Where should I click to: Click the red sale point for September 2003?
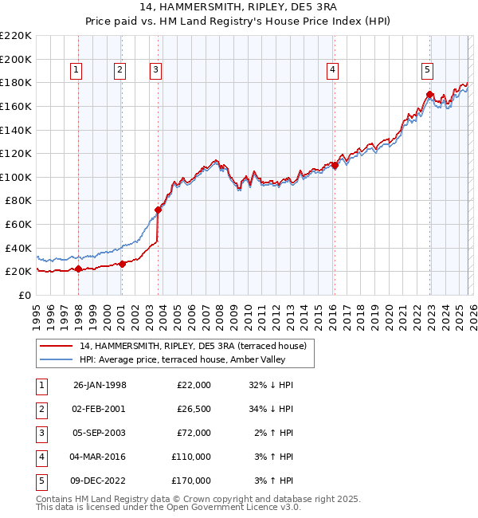click(x=159, y=210)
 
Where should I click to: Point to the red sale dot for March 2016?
click(x=335, y=166)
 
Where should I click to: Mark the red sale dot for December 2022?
click(x=429, y=95)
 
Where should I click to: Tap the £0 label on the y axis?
click(x=25, y=295)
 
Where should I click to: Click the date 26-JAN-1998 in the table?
click(x=100, y=385)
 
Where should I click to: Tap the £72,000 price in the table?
click(x=191, y=433)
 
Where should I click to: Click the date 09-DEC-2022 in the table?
click(x=100, y=481)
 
